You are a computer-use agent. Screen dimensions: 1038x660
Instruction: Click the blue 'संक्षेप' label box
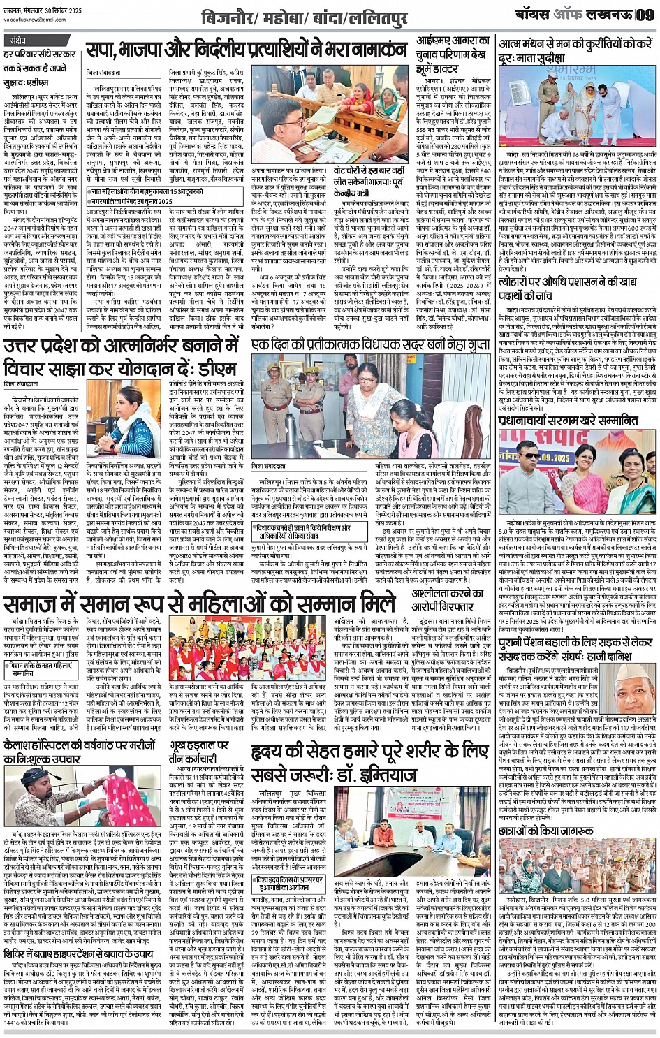[17, 41]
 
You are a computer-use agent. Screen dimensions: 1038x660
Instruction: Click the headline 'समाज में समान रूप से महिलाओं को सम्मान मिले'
[200, 603]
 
